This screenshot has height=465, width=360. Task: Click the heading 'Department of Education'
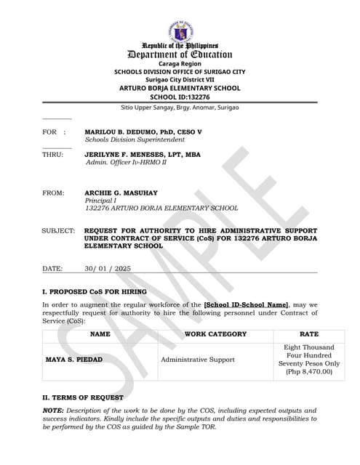pyautogui.click(x=180, y=54)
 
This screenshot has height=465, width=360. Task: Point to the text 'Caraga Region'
pyautogui.click(x=180, y=64)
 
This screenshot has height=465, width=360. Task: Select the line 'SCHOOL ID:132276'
pyautogui.click(x=180, y=97)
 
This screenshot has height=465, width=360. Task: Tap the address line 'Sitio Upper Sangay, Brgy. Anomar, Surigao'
pyautogui.click(x=180, y=108)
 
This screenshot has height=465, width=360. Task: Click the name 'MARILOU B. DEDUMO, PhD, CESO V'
pyautogui.click(x=143, y=132)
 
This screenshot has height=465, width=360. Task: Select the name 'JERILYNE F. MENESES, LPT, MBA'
pyautogui.click(x=143, y=155)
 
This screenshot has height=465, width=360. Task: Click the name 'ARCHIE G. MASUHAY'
pyautogui.click(x=121, y=193)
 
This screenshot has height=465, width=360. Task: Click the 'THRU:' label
pyautogui.click(x=52, y=155)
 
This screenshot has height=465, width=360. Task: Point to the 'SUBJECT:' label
pyautogui.click(x=58, y=230)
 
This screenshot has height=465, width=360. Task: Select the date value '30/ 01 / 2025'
pyautogui.click(x=108, y=269)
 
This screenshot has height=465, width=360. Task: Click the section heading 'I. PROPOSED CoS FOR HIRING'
pyautogui.click(x=95, y=291)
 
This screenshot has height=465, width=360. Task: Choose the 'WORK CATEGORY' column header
pyautogui.click(x=216, y=334)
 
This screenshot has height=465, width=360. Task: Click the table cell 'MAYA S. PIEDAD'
pyautogui.click(x=74, y=360)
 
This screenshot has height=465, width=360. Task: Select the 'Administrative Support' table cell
pyautogui.click(x=198, y=360)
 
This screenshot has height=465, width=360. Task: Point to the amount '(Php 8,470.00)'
pyautogui.click(x=309, y=372)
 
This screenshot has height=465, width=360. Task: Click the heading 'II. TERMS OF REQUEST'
pyautogui.click(x=82, y=397)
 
